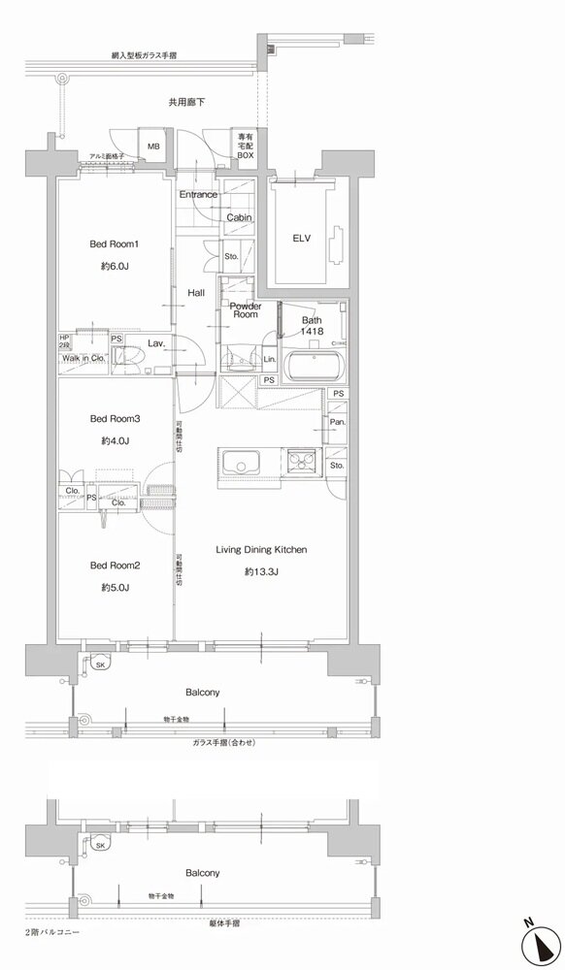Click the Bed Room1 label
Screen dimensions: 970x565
(116, 243)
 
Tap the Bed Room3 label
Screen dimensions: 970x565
(116, 419)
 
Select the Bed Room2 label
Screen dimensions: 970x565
(116, 566)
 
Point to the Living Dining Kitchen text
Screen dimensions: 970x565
(261, 550)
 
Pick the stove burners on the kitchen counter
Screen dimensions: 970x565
(301, 461)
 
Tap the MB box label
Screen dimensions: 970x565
(154, 146)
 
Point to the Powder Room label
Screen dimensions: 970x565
(245, 310)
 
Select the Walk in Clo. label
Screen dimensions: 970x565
(83, 358)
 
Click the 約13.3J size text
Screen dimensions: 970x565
(261, 572)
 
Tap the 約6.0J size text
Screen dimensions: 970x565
(116, 266)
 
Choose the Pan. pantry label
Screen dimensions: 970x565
(336, 423)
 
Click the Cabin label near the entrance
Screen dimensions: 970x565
(239, 218)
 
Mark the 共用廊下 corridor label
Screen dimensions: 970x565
(185, 101)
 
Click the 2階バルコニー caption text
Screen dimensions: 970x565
(52, 932)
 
